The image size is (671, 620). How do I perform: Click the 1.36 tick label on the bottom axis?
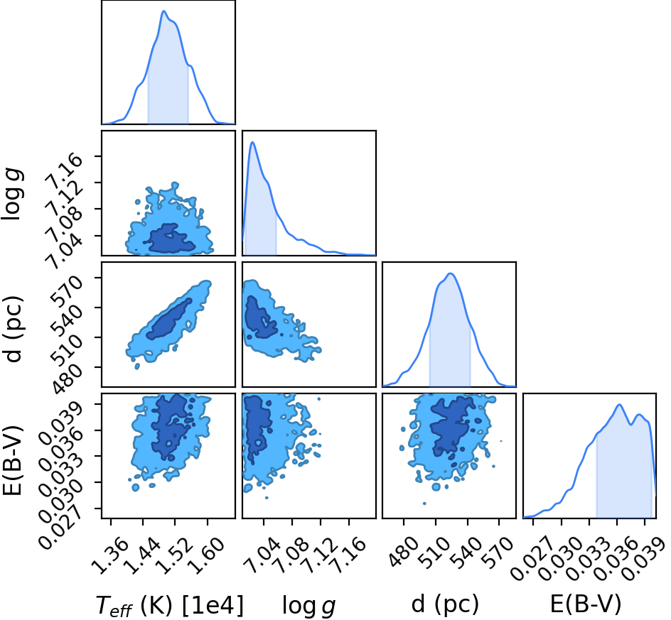tap(110, 555)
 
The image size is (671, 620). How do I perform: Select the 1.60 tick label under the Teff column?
tap(207, 555)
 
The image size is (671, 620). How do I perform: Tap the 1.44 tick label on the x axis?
tap(143, 555)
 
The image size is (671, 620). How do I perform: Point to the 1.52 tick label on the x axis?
tap(175, 555)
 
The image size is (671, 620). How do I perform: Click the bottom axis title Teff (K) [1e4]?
tap(170, 606)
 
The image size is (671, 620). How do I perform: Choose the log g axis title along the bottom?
tap(308, 607)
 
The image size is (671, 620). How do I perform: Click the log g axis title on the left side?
tap(13, 194)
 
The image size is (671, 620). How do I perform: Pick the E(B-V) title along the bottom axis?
tap(586, 604)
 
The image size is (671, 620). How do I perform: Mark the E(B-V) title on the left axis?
tap(12, 460)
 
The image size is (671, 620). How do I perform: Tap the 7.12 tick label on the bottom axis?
tap(321, 555)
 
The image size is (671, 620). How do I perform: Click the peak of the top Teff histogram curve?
tap(163, 11)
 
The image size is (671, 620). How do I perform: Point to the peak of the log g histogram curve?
tap(252, 142)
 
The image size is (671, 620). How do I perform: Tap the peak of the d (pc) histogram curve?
tap(450, 273)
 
